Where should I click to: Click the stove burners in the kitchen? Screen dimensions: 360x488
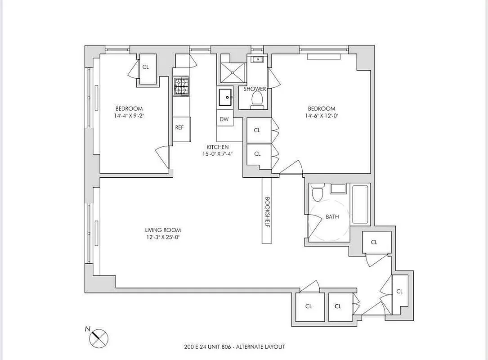click(181, 86)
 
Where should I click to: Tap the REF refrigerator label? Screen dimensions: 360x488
click(179, 127)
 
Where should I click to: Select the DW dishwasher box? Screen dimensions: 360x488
click(224, 119)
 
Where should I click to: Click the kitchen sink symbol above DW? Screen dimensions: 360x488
click(224, 96)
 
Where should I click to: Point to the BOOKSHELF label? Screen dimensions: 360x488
click(267, 212)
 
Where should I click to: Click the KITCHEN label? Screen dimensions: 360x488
click(217, 147)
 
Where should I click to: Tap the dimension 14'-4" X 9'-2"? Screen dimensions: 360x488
click(129, 116)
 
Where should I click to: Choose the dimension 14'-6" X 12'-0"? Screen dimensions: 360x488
click(321, 116)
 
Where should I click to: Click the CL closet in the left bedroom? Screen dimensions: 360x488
click(146, 67)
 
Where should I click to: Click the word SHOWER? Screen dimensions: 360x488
click(255, 89)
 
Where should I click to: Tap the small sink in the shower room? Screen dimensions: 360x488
click(258, 59)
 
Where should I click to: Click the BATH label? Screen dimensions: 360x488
click(332, 217)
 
